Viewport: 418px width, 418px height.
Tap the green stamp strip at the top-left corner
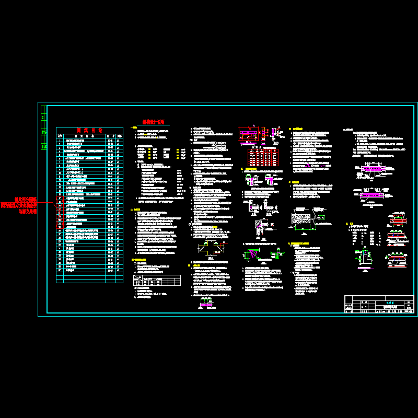[x=43, y=128]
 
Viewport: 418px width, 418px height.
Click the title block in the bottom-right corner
[x=379, y=304]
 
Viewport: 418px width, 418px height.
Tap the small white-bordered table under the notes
[x=157, y=281]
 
